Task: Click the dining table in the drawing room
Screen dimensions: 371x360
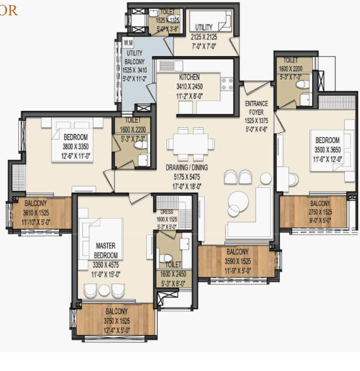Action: (x=191, y=144)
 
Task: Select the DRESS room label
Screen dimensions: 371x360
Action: (x=168, y=213)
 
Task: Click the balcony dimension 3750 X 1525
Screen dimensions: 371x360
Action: (x=117, y=320)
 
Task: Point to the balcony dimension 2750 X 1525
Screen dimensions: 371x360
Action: (x=320, y=212)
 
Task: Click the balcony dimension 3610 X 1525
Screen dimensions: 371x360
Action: (x=39, y=212)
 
